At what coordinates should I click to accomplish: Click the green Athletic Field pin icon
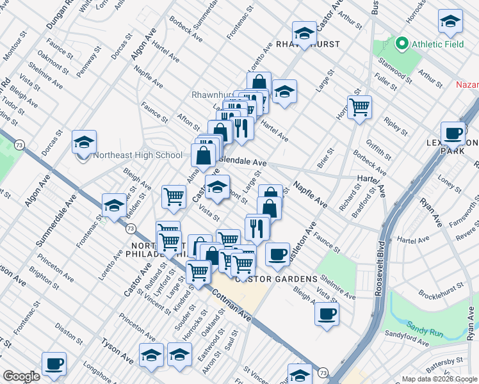coord(402,44)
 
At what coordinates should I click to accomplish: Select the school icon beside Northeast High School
coord(84,143)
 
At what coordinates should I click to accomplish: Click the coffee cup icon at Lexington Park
coord(453,134)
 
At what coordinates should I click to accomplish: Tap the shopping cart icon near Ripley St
coord(359,107)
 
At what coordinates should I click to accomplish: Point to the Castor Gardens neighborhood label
coord(276,279)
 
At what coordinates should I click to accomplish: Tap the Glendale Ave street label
coord(243,163)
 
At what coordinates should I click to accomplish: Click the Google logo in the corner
coord(22,377)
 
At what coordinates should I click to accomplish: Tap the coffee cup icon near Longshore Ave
coord(54,364)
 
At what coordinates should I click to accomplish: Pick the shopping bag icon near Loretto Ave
coord(258,84)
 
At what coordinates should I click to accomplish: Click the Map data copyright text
coord(439,378)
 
